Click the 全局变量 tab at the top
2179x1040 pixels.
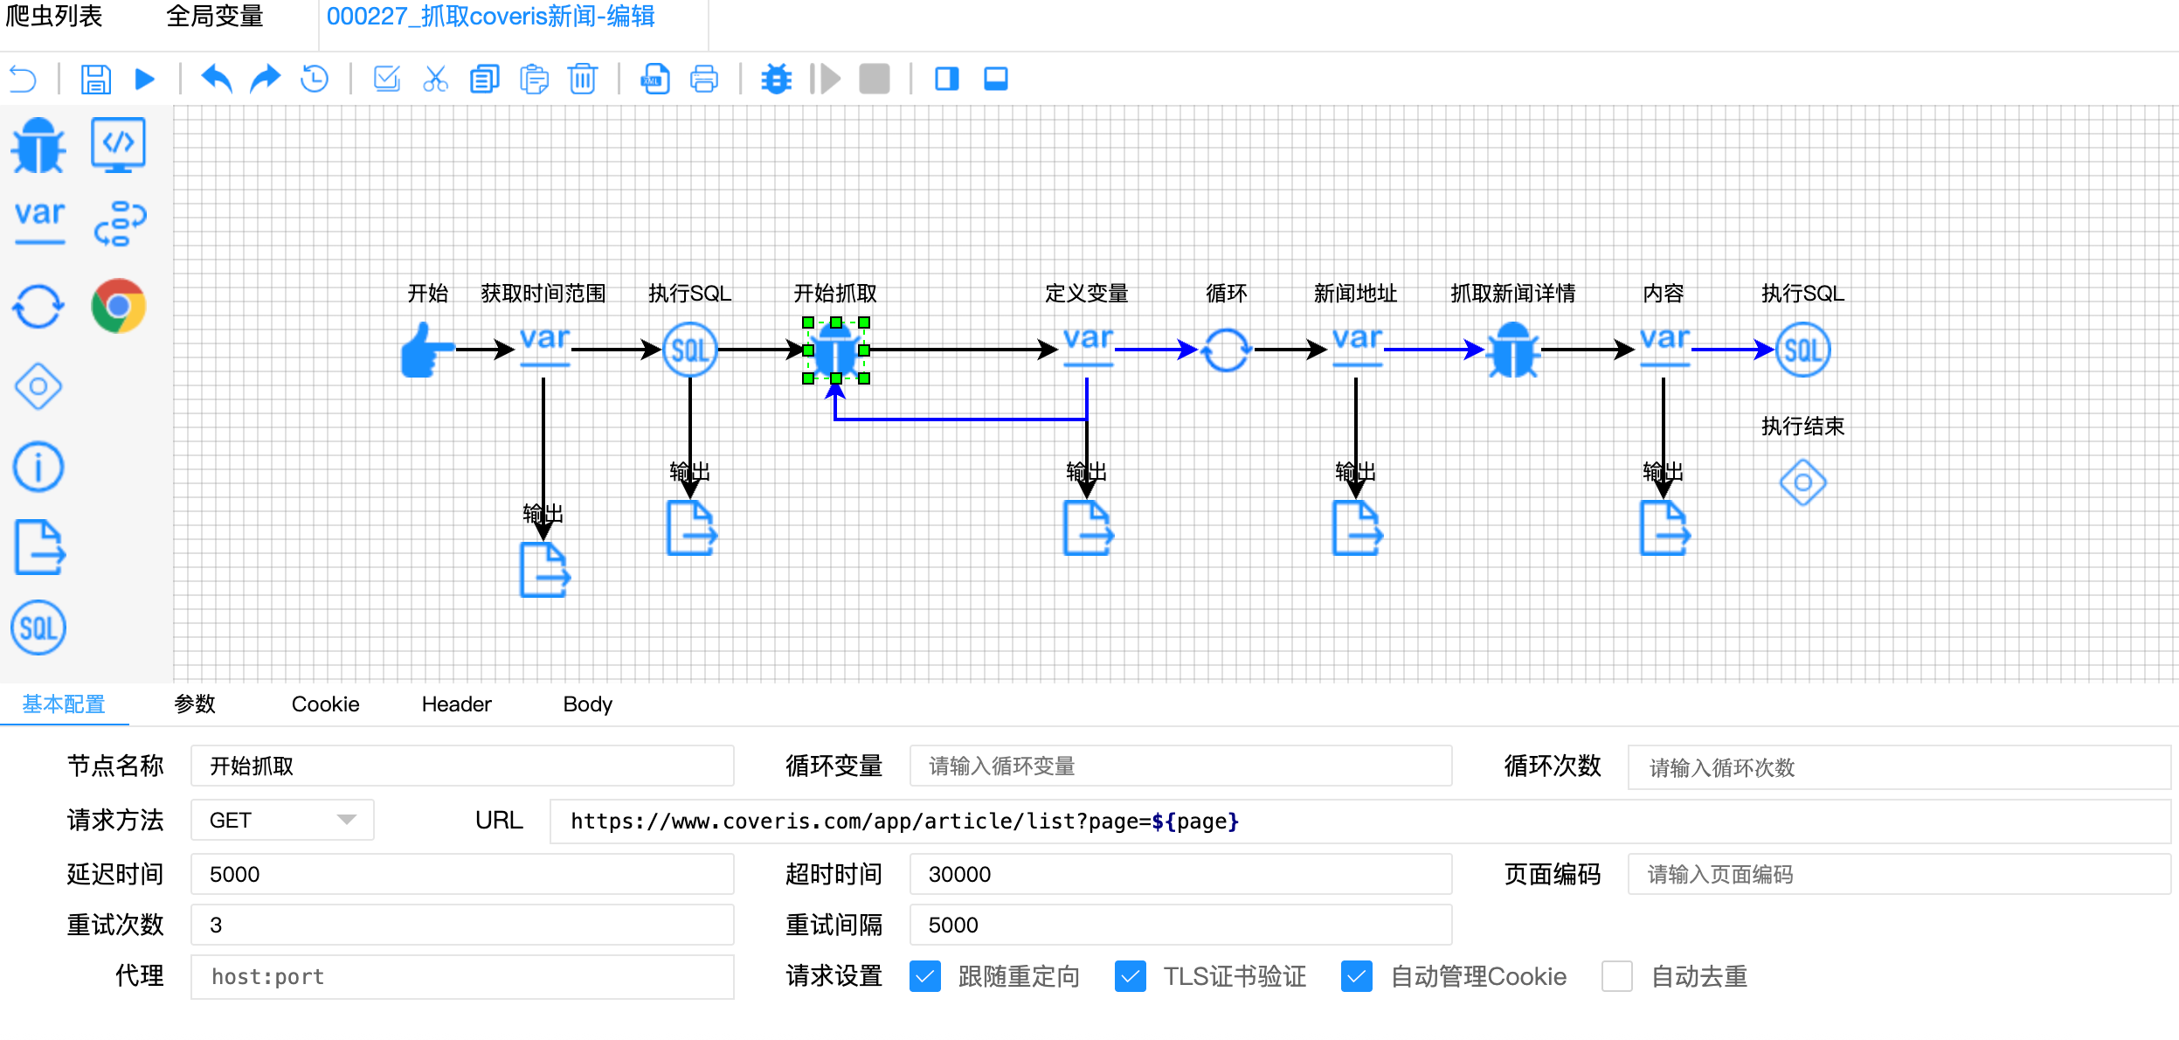[x=215, y=17]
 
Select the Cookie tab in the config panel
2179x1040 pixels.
[x=325, y=704]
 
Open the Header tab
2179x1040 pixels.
[x=456, y=704]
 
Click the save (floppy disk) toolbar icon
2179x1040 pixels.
[x=95, y=80]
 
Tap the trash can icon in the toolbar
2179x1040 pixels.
[x=582, y=80]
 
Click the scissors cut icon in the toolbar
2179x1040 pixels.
[x=435, y=80]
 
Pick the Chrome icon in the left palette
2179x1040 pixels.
[x=118, y=306]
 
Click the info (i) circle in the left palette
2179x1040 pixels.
[x=38, y=467]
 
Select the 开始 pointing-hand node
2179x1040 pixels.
[x=426, y=350]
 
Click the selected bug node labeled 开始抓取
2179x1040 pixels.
[x=836, y=350]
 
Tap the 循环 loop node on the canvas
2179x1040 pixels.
[x=1226, y=350]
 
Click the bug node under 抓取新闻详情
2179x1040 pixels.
[x=1513, y=350]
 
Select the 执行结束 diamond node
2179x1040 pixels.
[x=1802, y=482]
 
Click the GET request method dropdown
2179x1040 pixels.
[x=282, y=821]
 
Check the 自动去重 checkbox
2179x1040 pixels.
[x=1617, y=976]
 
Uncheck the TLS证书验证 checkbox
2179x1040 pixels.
[x=1131, y=976]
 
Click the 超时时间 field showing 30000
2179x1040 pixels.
[x=1179, y=875]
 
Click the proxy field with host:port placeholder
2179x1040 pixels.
[x=461, y=977]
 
